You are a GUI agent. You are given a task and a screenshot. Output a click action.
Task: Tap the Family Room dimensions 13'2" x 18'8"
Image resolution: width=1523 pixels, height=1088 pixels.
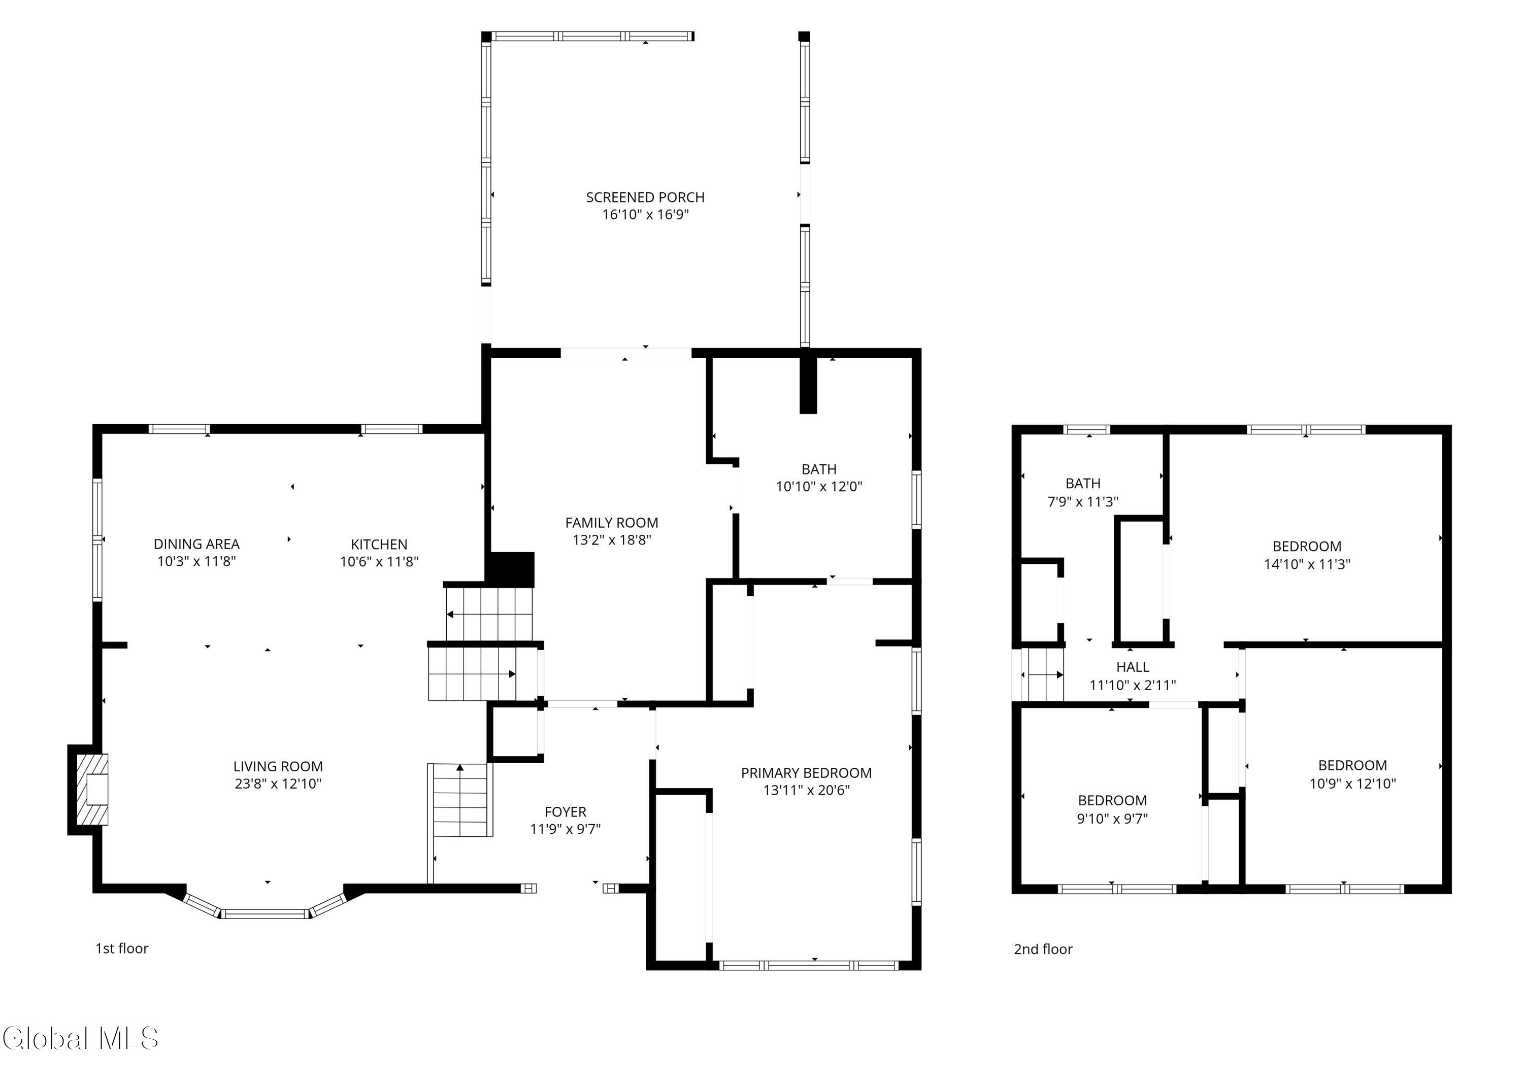click(612, 540)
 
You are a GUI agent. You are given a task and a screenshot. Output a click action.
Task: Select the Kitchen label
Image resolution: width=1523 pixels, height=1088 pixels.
click(379, 545)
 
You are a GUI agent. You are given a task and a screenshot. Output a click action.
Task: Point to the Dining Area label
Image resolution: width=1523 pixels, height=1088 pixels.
click(196, 544)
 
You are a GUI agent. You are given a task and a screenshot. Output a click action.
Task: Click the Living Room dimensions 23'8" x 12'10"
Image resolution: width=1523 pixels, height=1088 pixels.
click(278, 783)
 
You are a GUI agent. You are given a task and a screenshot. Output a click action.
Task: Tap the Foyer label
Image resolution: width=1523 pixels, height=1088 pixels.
click(566, 812)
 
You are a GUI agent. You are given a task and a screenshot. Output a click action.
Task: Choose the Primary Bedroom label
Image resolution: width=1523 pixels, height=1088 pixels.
click(806, 773)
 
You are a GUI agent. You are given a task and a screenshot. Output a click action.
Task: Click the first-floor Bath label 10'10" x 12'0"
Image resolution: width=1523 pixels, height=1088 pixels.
click(819, 478)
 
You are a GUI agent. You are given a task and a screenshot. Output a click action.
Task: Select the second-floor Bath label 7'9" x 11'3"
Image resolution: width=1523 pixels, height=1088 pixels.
click(1083, 492)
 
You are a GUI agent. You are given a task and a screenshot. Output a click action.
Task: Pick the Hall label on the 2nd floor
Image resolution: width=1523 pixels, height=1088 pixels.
click(1133, 667)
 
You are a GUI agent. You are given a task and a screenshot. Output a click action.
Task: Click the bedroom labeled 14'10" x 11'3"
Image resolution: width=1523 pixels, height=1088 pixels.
click(1307, 555)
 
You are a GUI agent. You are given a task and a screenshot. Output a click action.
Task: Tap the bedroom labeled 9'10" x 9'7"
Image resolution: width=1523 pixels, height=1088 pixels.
click(1112, 809)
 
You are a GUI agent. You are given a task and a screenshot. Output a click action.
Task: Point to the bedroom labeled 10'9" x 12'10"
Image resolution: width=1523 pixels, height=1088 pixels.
click(1352, 774)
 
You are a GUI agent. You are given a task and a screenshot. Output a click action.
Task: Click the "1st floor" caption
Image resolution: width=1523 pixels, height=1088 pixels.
click(122, 948)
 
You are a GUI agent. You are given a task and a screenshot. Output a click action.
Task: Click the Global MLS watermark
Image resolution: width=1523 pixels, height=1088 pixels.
click(80, 1038)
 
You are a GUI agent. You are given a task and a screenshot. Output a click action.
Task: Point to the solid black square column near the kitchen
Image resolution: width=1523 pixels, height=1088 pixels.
click(511, 569)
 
